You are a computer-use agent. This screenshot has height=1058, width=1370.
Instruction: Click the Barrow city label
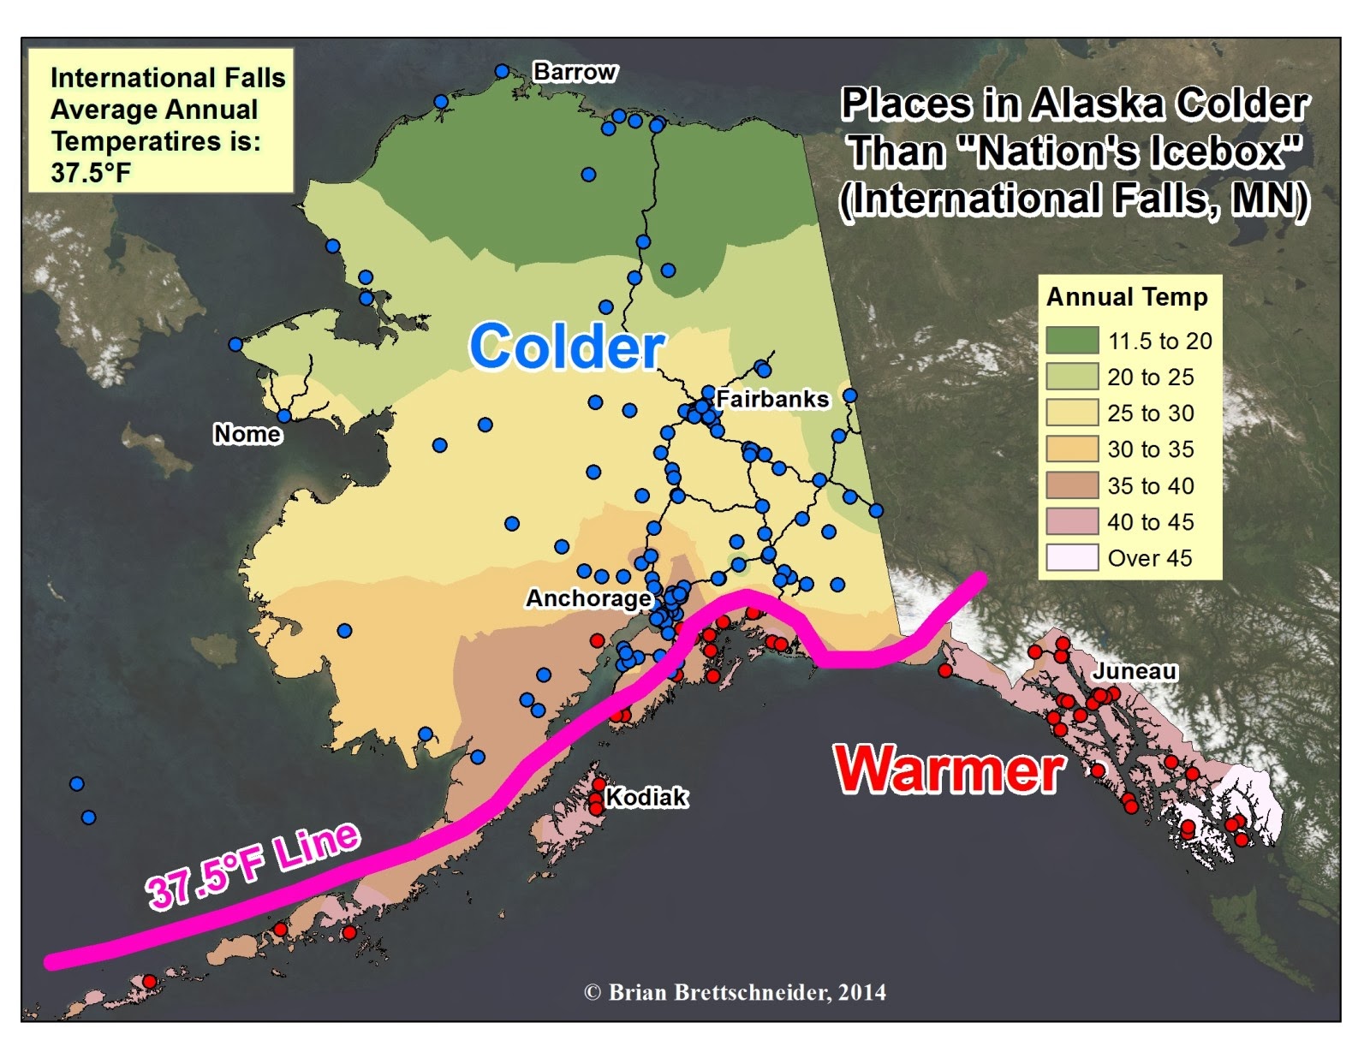point(575,72)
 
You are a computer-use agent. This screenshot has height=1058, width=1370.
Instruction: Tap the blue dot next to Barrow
point(503,71)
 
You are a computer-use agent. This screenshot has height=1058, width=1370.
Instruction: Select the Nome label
point(247,434)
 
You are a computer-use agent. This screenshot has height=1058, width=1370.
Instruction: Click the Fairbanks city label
point(772,399)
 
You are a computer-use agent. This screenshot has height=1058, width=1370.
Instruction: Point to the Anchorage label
point(588,597)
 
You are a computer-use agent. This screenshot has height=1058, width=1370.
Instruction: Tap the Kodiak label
point(646,797)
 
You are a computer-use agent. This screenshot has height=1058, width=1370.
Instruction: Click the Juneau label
point(1135,670)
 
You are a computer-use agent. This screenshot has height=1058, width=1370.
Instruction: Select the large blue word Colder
point(566,347)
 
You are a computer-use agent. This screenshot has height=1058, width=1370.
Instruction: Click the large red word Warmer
point(950,768)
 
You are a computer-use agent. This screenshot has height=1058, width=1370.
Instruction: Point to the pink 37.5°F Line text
point(253,865)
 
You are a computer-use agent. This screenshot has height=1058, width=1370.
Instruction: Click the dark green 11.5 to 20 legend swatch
point(1071,341)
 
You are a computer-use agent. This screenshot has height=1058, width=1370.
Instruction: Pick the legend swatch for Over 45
point(1071,558)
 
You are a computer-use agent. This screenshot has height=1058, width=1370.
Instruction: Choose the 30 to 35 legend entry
point(1150,449)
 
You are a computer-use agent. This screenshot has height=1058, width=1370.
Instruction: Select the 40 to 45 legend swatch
point(1071,521)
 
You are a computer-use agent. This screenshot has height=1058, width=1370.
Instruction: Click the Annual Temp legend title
point(1127,297)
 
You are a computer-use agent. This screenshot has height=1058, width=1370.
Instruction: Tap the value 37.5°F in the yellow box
point(91,173)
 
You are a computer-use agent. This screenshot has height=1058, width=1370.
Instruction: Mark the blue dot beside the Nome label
point(284,416)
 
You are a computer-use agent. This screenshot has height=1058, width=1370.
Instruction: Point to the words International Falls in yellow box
point(168,78)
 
